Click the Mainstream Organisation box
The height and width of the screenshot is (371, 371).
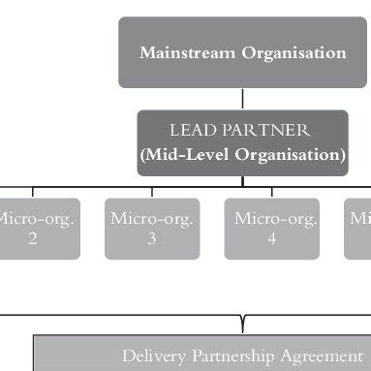(242, 52)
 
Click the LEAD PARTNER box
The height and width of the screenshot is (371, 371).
(242, 142)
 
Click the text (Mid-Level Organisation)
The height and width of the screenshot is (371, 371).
(242, 154)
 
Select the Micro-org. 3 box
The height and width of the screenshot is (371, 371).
(152, 229)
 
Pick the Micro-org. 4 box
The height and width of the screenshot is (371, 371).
(271, 229)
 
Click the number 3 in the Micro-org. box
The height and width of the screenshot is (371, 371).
(152, 239)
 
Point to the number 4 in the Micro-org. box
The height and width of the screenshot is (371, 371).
(272, 239)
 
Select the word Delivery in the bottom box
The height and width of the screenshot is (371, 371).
(150, 356)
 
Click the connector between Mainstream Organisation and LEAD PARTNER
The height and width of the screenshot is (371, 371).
(242, 99)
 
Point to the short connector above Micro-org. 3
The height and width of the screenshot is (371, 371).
(152, 191)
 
